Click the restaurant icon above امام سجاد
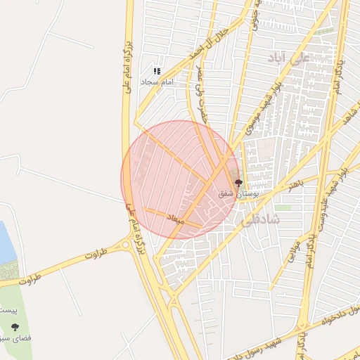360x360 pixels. pos(157,71)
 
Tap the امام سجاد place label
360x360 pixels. pos(157,82)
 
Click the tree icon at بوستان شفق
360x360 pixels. pos(237,183)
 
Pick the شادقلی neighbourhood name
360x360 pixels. pos(261,219)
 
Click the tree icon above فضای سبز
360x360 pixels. pos(15,326)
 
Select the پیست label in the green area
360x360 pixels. pos(7,310)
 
